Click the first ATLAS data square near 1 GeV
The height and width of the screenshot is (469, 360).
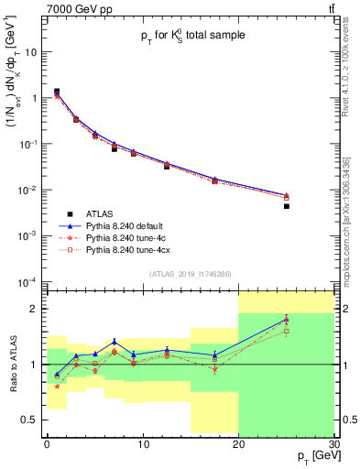tap(57, 92)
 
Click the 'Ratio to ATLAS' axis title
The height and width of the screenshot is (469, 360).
tap(11, 364)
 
